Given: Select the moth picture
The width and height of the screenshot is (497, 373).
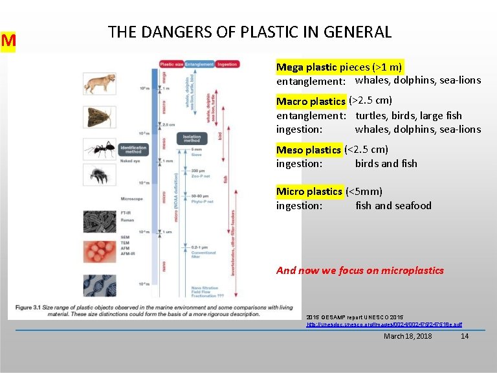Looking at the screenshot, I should click(100, 117).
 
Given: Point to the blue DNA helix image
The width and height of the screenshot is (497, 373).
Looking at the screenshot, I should click(100, 286).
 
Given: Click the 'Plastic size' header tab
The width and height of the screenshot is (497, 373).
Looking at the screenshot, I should click(171, 64).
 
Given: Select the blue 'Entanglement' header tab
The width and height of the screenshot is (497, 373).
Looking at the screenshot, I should click(199, 64).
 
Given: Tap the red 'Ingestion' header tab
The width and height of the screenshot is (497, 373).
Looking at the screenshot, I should click(227, 64).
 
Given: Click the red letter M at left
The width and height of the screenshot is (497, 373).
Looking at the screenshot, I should click(8, 41).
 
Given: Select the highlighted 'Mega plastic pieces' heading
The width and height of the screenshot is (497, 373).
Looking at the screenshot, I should click(339, 67).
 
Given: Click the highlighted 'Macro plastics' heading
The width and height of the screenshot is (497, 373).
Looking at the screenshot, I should click(311, 101).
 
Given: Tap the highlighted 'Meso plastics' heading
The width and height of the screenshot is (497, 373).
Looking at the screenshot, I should click(309, 150).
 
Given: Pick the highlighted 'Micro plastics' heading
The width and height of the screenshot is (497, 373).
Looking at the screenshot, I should click(309, 191).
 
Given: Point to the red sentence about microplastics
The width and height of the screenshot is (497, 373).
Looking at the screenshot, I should click(360, 270).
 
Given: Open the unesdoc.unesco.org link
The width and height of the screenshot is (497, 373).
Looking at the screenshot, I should click(384, 323).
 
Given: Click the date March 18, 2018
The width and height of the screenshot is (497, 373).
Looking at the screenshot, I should click(408, 336).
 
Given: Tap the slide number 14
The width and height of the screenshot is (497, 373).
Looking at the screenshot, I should click(464, 336).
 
